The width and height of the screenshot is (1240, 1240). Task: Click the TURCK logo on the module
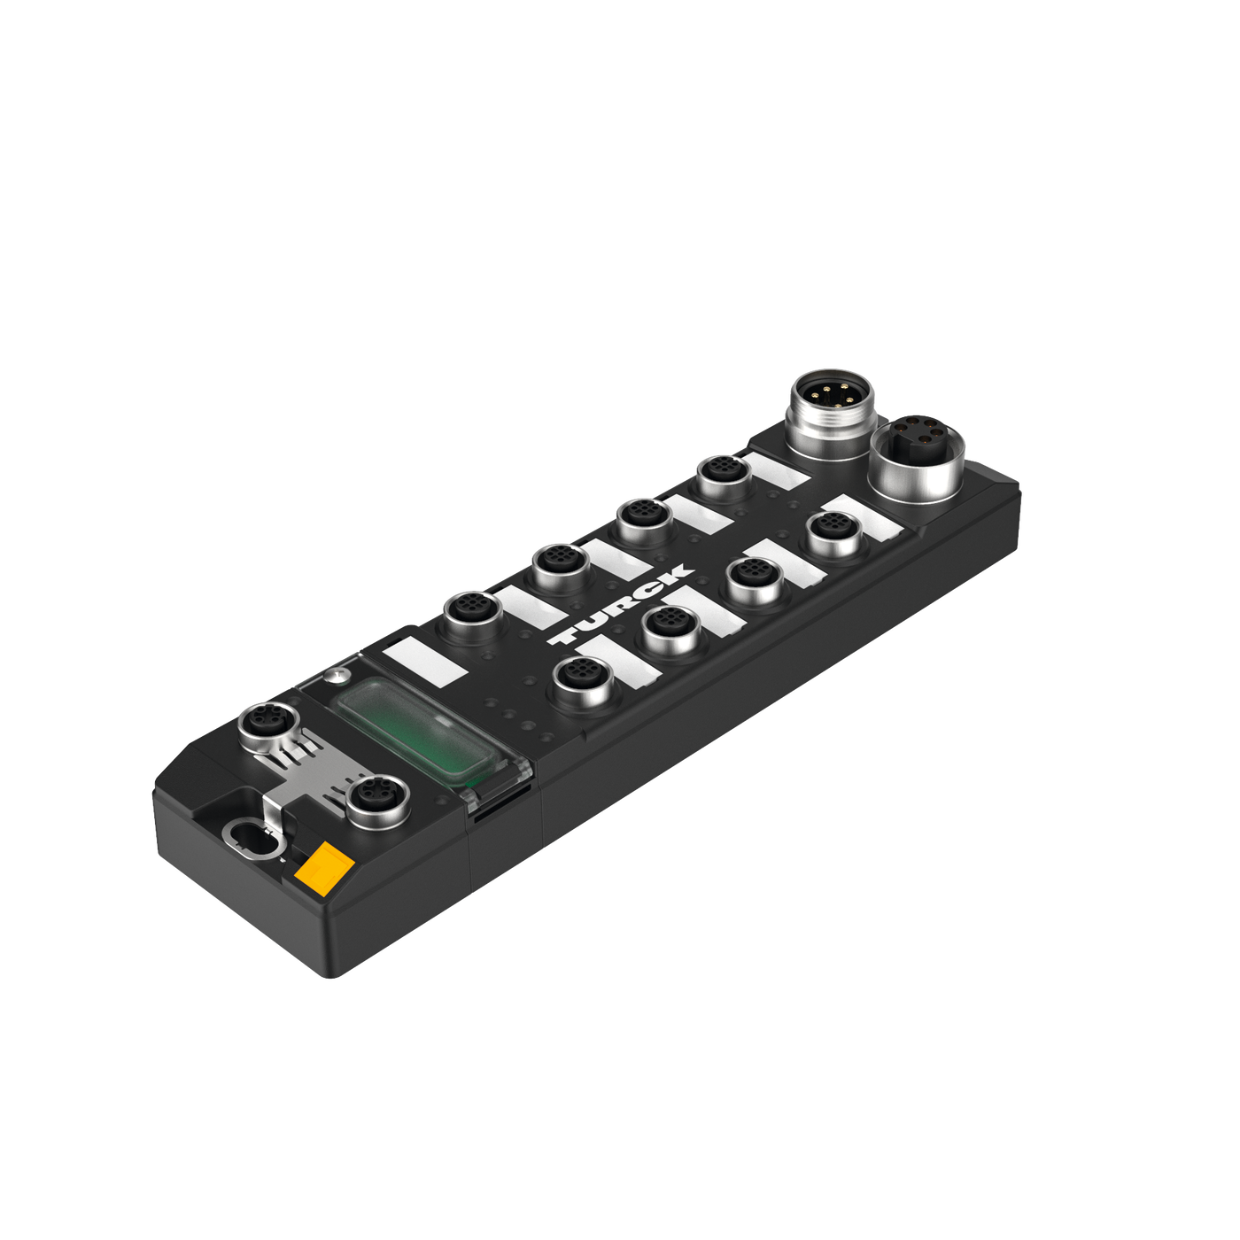click(620, 604)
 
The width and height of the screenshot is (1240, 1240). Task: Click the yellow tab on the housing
click(323, 863)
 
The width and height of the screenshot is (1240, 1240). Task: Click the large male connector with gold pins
click(832, 413)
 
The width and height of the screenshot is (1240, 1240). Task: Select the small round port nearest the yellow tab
click(377, 802)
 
